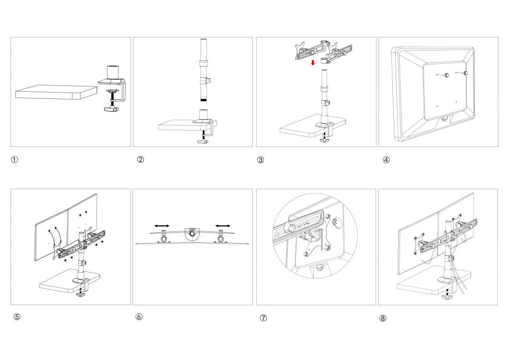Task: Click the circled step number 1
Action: point(15,160)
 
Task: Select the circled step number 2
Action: point(141,160)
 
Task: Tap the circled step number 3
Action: point(260,160)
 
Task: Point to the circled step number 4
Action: point(386,160)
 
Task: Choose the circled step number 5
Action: point(17,317)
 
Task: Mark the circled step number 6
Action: point(139,317)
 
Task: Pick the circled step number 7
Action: point(263,318)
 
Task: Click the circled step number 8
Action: point(383,318)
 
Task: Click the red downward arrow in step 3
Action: point(312,63)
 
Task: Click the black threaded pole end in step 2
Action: point(203,101)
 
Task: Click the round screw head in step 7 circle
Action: point(336,222)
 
